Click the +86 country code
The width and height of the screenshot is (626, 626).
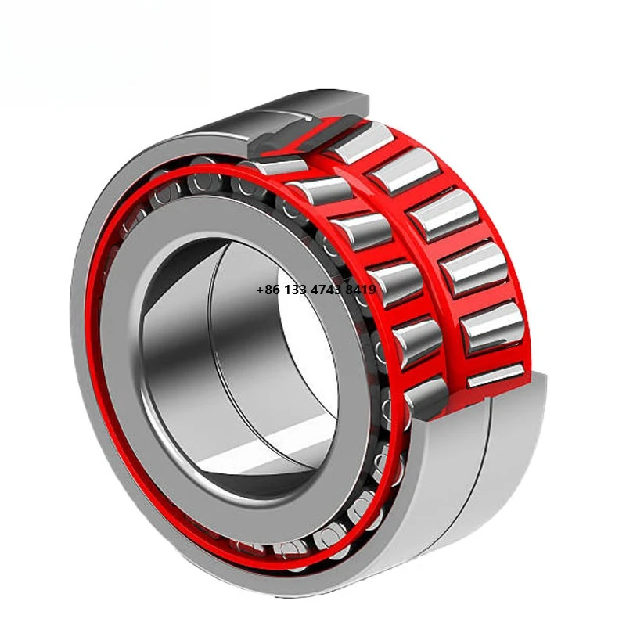(x=268, y=290)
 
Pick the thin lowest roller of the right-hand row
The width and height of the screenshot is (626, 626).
(x=495, y=375)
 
